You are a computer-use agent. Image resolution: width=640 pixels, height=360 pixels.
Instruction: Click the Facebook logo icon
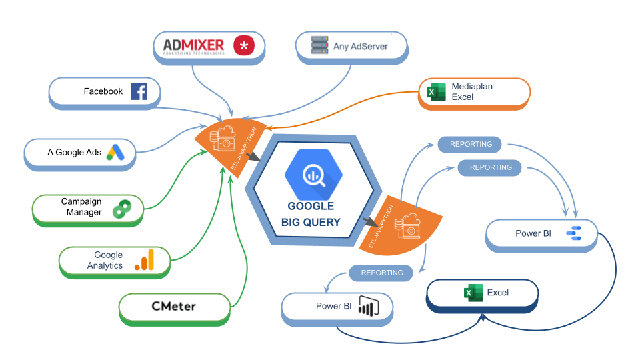pyautogui.click(x=139, y=92)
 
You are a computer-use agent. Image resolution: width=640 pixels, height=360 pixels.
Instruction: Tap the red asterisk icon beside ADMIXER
pyautogui.click(x=244, y=45)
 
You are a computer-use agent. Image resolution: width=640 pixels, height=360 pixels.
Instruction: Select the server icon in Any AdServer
pyautogui.click(x=319, y=46)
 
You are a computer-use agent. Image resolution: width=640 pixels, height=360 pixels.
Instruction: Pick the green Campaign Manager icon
pyautogui.click(x=122, y=208)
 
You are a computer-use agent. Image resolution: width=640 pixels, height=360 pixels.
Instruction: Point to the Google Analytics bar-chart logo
pyautogui.click(x=144, y=260)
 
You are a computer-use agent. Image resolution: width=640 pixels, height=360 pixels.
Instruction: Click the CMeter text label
pyautogui.click(x=172, y=307)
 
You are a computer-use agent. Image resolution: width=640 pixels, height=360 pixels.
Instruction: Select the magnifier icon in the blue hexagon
pyautogui.click(x=313, y=175)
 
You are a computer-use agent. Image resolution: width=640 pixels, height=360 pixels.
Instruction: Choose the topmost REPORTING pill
pyautogui.click(x=471, y=144)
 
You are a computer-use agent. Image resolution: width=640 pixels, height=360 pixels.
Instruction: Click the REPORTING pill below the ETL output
pyautogui.click(x=382, y=273)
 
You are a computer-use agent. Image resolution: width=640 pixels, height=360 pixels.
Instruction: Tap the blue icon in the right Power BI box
pyautogui.click(x=573, y=233)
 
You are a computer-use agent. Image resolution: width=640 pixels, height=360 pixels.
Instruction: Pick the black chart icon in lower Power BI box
pyautogui.click(x=365, y=307)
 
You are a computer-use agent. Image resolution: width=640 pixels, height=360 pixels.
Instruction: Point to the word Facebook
pyautogui.click(x=103, y=91)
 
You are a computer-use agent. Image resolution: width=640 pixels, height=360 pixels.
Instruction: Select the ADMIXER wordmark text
pyautogui.click(x=194, y=45)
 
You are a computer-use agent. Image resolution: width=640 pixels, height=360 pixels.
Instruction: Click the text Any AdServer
pyautogui.click(x=360, y=47)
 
